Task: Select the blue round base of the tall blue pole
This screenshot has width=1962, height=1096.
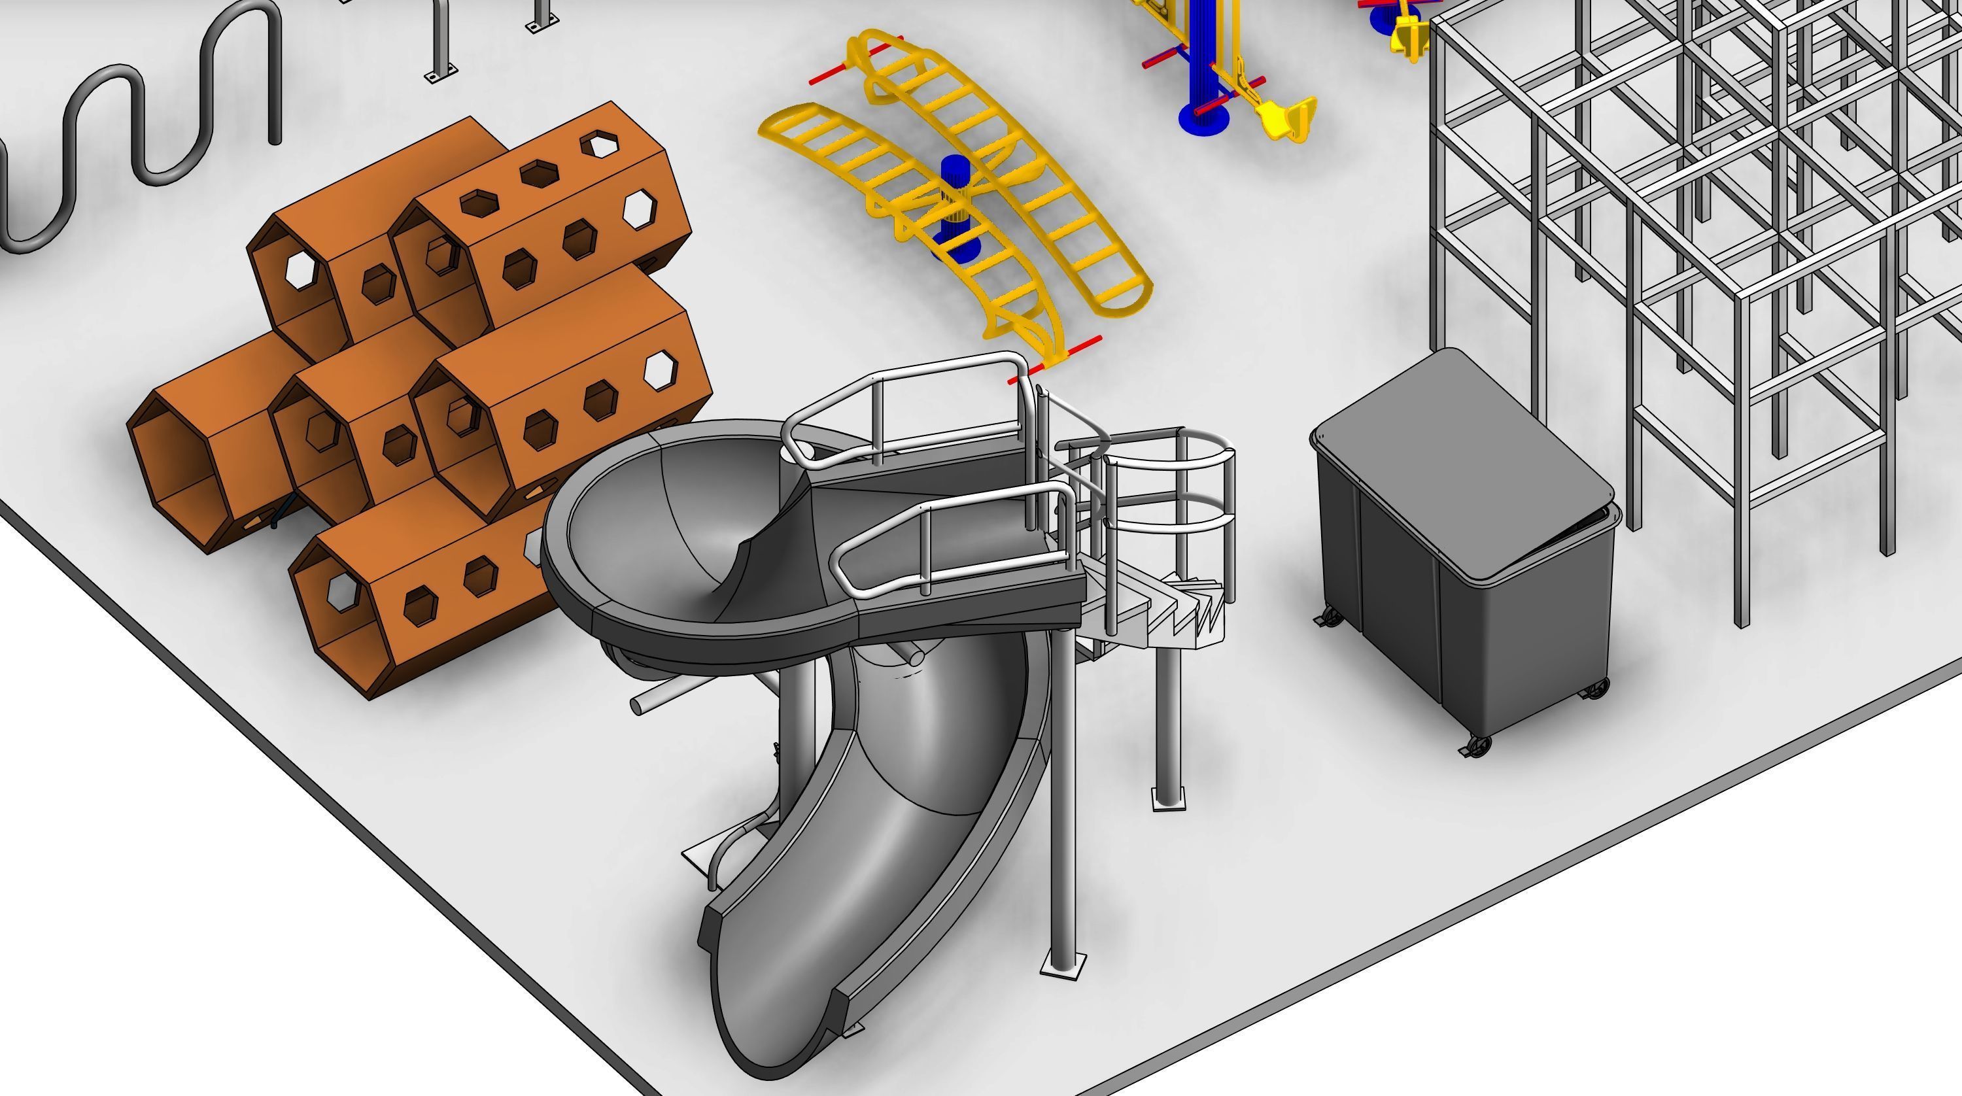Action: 1203,118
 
